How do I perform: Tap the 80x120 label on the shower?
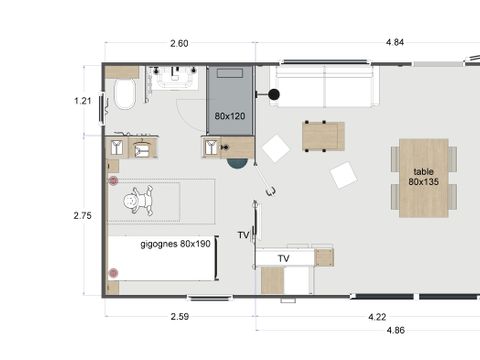pos(230,116)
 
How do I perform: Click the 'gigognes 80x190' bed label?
pos(176,243)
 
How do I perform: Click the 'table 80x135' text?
pos(423,177)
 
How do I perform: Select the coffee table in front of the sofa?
pos(323,135)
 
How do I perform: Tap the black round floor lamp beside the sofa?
pos(274,96)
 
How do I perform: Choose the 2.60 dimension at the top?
pos(179,43)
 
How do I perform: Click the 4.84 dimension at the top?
pos(367,43)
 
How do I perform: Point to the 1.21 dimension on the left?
pos(84,100)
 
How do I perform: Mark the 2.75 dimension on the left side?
pos(84,214)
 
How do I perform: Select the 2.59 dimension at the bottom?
pos(180,317)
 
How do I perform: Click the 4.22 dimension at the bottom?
pos(378,317)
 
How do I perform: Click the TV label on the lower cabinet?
pos(284,257)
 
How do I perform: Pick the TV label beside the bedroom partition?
pos(243,235)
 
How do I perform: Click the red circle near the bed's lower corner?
pos(113,272)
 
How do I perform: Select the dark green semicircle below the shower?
pos(236,163)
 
